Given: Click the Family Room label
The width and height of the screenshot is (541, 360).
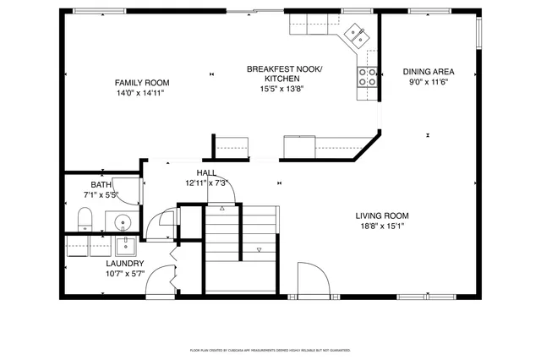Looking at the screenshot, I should (x=142, y=83).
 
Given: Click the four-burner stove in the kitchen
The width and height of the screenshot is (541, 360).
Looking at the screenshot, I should (x=369, y=78).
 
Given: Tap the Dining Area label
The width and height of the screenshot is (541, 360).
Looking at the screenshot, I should (x=428, y=72).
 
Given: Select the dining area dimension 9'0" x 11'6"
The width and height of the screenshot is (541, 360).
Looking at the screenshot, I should (x=428, y=82).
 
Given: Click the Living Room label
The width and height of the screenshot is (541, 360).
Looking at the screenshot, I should (x=381, y=215).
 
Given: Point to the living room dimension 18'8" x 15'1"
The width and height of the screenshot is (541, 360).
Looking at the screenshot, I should (x=381, y=226).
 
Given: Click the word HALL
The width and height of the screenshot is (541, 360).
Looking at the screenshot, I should (x=206, y=172).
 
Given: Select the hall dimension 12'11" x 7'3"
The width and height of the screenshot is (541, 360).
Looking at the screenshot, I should (x=207, y=183).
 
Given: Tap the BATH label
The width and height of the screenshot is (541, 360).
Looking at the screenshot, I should (x=101, y=185).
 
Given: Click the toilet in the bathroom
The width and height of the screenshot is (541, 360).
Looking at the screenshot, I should (x=85, y=221).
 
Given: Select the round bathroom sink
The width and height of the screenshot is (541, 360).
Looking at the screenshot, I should (x=123, y=223).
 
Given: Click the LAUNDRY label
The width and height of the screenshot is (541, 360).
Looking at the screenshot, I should (x=124, y=263).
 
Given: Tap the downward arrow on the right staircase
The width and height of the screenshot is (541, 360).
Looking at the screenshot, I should (x=260, y=249).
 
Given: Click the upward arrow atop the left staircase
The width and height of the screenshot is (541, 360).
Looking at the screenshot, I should (x=222, y=207).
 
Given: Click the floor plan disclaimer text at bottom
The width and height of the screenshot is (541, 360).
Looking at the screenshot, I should (x=270, y=349).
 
